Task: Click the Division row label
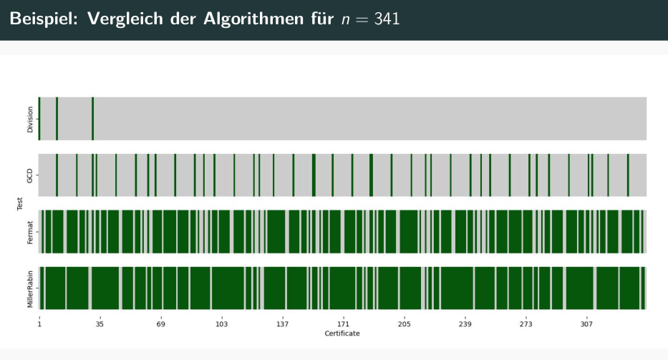pos(29,120)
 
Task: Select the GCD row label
pos(29,175)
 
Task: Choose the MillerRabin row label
pos(29,288)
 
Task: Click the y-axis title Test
pos(19,204)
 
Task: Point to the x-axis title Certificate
pos(342,334)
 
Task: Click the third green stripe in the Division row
pos(93,119)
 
